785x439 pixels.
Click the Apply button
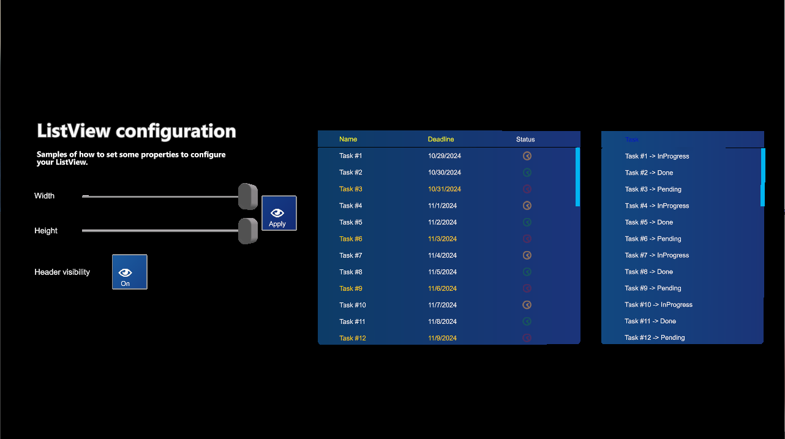click(279, 213)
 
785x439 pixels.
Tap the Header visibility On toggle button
click(129, 272)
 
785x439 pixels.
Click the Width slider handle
click(248, 196)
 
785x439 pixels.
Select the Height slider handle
click(248, 231)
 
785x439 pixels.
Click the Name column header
click(348, 140)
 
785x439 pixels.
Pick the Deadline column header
click(441, 140)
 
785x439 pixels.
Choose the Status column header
click(525, 140)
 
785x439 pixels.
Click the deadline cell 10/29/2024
click(445, 156)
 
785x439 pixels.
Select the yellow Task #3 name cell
click(351, 189)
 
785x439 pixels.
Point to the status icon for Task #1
click(527, 156)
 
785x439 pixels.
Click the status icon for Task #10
click(527, 305)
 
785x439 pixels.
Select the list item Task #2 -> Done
click(648, 173)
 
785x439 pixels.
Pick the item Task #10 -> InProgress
click(658, 305)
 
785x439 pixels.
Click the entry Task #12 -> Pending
click(655, 338)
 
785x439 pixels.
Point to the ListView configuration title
click(137, 131)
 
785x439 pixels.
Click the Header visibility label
click(62, 272)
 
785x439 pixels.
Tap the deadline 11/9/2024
click(442, 338)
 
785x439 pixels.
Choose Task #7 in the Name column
click(351, 255)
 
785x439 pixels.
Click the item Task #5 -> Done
click(648, 222)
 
